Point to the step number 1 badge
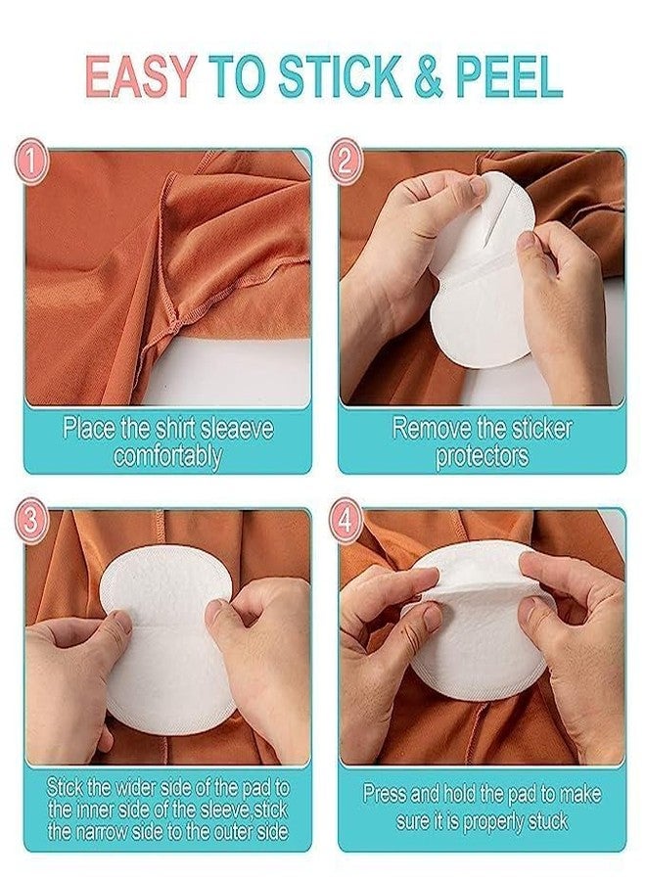click(32, 162)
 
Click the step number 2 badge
click(346, 162)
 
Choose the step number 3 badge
click(32, 521)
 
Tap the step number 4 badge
click(346, 521)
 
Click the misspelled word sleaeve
click(234, 429)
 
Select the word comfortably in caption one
click(167, 455)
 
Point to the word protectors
click(482, 455)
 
